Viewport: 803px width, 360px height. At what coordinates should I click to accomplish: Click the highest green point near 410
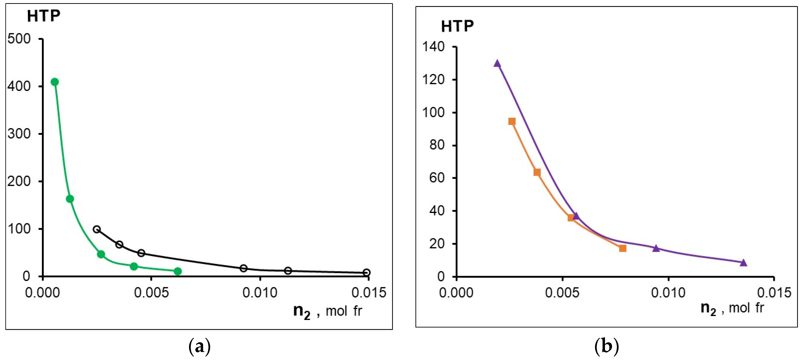click(x=55, y=82)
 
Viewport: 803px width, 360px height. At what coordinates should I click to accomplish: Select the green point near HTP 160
click(x=70, y=199)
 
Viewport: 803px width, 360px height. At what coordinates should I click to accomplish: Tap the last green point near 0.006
click(x=178, y=271)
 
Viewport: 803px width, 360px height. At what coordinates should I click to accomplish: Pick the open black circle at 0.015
click(x=367, y=273)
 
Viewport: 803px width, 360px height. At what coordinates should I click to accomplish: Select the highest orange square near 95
click(x=512, y=121)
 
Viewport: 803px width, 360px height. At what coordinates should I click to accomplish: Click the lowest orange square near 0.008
click(x=622, y=248)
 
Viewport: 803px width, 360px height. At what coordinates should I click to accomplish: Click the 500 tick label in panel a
click(x=19, y=39)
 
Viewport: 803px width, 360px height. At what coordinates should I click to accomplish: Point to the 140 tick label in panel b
click(x=433, y=47)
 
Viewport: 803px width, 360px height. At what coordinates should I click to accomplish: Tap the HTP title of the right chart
click(x=457, y=26)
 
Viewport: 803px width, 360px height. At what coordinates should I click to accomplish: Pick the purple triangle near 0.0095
click(x=656, y=248)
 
